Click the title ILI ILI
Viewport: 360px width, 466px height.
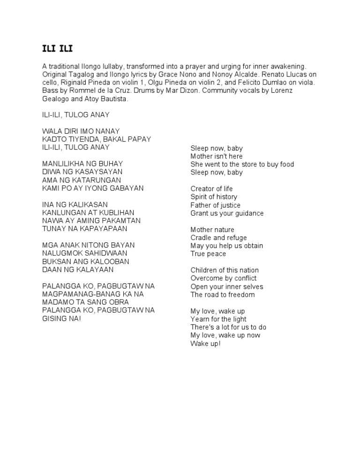pos(58,49)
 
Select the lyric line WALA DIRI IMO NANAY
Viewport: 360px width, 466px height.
pos(81,131)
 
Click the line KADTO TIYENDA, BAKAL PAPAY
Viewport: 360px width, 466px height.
pos(97,139)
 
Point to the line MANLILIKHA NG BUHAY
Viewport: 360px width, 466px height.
pos(82,164)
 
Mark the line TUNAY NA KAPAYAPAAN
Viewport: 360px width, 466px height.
pos(84,229)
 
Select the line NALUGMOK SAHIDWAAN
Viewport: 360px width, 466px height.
pos(85,253)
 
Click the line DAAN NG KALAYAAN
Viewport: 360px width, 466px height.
pos(78,270)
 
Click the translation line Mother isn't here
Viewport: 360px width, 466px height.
pos(217,156)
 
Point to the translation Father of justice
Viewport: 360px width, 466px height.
pos(216,205)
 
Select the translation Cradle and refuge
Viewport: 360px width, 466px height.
pos(218,238)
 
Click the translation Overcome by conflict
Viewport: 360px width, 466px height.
pos(224,278)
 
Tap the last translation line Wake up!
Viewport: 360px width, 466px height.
pos(205,343)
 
